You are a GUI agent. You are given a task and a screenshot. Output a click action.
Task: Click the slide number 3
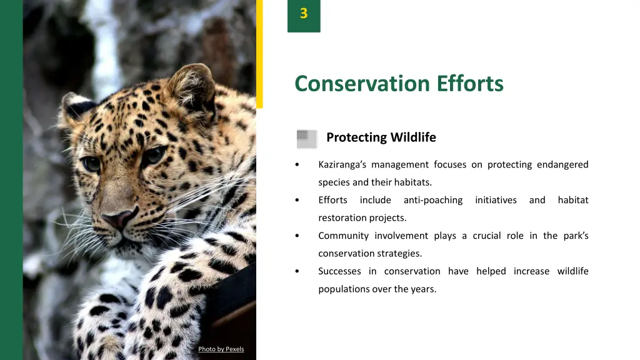[x=304, y=14]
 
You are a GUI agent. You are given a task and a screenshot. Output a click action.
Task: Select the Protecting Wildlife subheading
[x=381, y=137]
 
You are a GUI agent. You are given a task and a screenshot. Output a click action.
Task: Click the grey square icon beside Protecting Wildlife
[x=306, y=138]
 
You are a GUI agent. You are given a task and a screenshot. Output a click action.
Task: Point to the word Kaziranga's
[x=342, y=165]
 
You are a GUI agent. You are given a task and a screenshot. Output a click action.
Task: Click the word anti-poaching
[x=432, y=201]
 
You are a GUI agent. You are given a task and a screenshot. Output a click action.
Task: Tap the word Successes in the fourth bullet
[x=339, y=271]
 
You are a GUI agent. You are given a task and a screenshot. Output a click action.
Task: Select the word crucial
[x=486, y=236]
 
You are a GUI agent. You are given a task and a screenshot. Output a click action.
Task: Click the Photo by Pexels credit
[x=221, y=349]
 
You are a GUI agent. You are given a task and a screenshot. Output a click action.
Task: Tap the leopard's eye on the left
[x=91, y=164]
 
